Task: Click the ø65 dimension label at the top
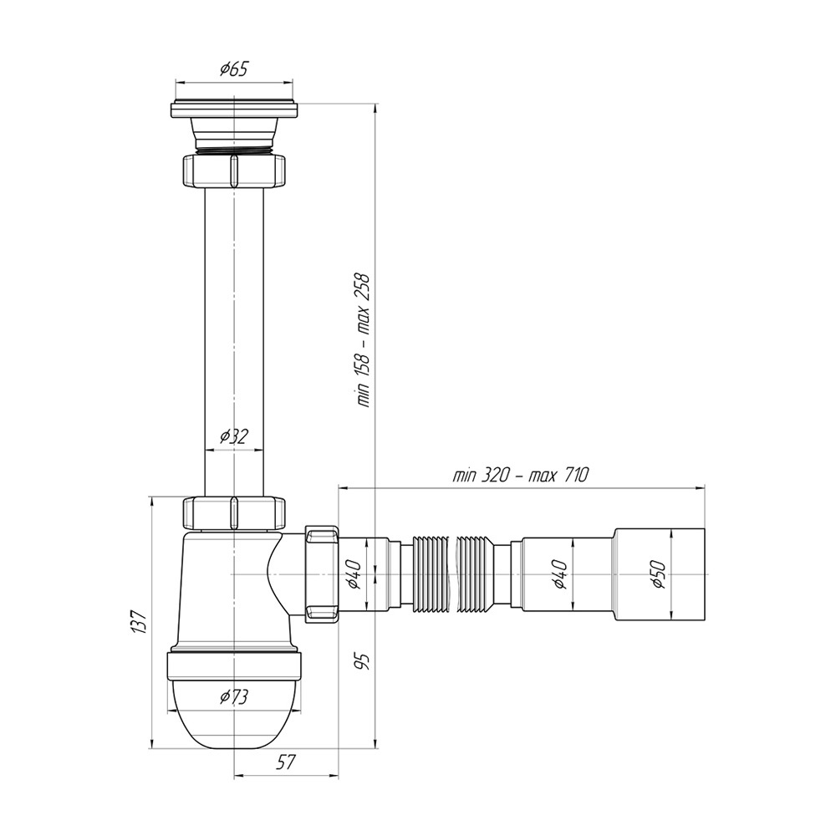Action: point(233,69)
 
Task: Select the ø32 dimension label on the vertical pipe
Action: point(234,436)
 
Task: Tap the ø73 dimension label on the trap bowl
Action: point(234,696)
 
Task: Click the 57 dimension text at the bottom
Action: point(286,762)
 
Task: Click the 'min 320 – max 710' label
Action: point(520,475)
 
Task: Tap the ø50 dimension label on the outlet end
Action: point(659,574)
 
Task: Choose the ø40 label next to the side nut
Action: point(355,575)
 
